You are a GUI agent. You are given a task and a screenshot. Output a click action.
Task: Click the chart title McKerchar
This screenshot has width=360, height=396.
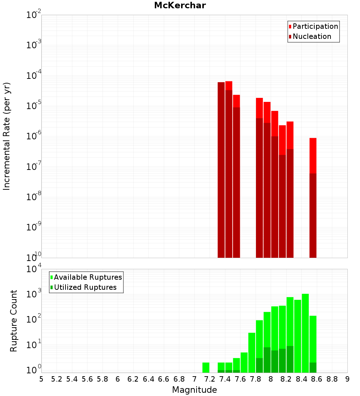click(180, 5)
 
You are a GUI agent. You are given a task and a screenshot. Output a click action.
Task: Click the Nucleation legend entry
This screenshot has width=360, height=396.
click(311, 36)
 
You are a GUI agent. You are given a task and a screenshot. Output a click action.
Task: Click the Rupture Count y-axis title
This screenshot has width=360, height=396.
click(14, 321)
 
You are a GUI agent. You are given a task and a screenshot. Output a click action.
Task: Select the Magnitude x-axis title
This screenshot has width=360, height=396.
click(194, 390)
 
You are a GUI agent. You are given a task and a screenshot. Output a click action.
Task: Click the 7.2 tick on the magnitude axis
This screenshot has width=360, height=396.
click(210, 379)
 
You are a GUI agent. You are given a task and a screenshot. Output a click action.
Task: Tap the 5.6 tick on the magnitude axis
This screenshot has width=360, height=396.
click(87, 379)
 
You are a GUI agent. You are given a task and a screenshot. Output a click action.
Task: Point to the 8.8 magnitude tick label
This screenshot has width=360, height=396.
click(332, 379)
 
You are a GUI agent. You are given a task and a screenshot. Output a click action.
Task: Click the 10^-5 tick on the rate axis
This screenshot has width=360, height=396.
click(34, 106)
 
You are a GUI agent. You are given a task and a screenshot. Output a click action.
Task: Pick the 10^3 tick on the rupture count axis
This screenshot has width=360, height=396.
click(34, 293)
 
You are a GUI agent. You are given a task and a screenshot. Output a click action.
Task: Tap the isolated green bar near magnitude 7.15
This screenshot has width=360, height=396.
click(206, 368)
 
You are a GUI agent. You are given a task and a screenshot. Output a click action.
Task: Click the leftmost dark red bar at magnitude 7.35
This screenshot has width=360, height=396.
click(221, 169)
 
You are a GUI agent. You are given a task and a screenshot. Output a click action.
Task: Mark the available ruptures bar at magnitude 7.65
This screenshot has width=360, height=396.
click(244, 362)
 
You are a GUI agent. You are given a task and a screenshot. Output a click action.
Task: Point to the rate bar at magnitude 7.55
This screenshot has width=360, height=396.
click(237, 176)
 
